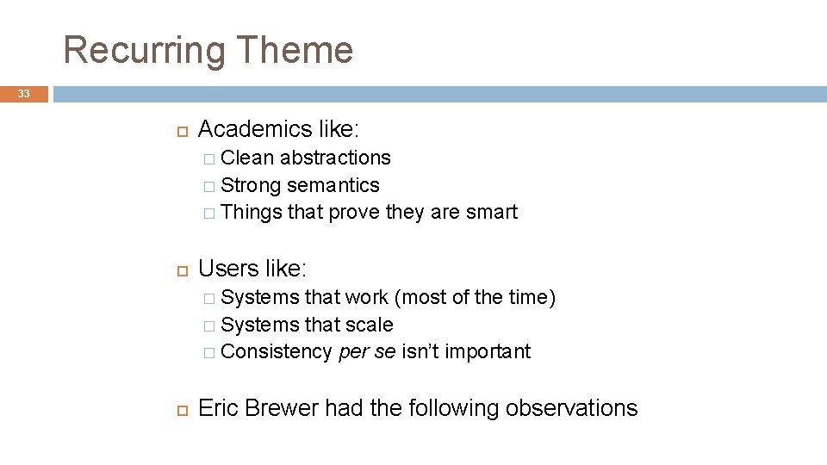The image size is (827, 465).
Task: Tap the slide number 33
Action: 23,94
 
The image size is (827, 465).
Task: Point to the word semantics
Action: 333,185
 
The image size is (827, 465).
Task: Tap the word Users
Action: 227,269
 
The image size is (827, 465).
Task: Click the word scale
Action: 370,325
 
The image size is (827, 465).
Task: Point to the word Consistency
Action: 276,351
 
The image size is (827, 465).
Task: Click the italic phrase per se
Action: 366,351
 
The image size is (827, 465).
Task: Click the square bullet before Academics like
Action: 181,130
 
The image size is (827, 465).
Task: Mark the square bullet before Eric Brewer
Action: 181,409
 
